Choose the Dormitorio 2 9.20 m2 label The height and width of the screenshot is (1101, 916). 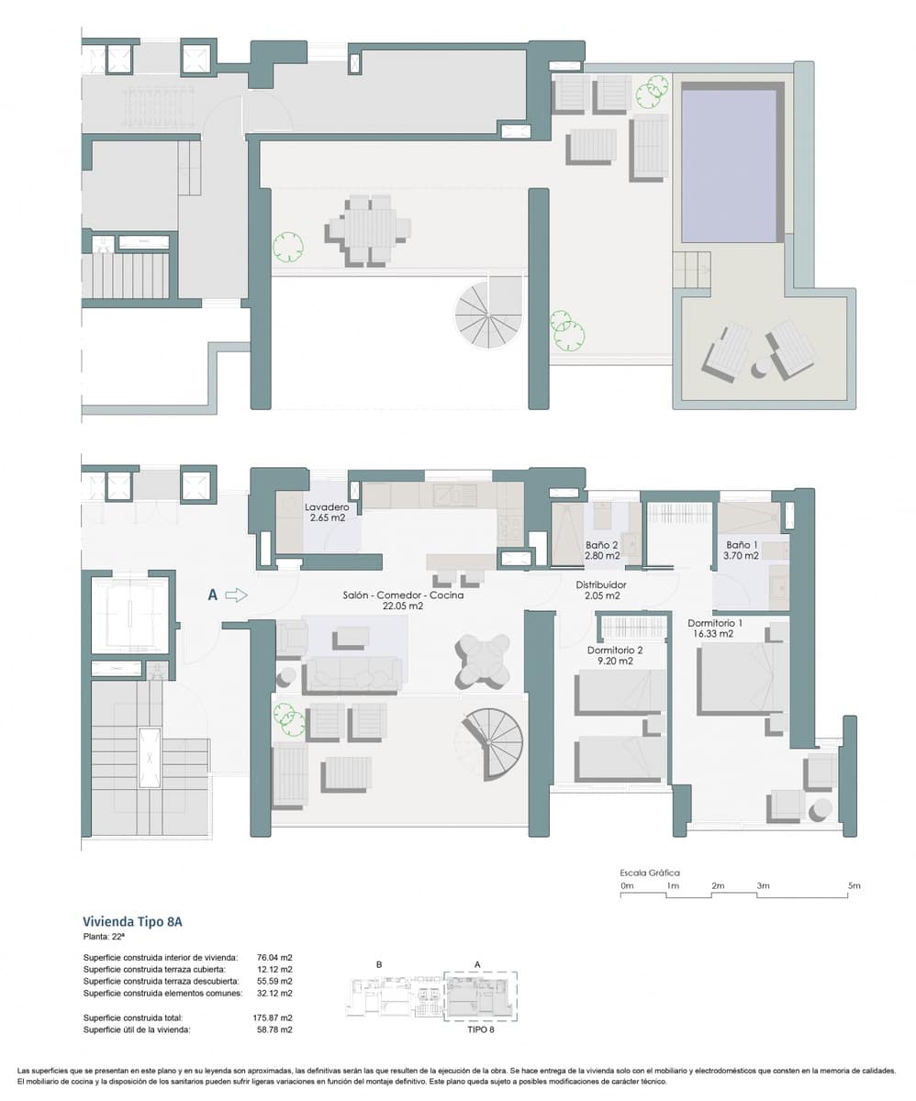pos(615,654)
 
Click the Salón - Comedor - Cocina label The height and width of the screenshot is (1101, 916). pos(403,600)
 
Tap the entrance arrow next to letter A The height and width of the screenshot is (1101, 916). pos(237,595)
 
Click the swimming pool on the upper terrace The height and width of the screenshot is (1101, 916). pos(730,165)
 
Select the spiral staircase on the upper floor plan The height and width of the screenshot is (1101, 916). pos(487,315)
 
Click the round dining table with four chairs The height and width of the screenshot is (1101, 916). pos(483,659)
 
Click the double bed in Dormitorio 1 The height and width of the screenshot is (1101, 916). pos(742,679)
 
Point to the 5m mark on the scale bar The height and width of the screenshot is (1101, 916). pos(854,886)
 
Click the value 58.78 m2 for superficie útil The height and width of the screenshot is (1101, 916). pos(274,1030)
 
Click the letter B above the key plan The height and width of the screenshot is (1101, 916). pos(378,964)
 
